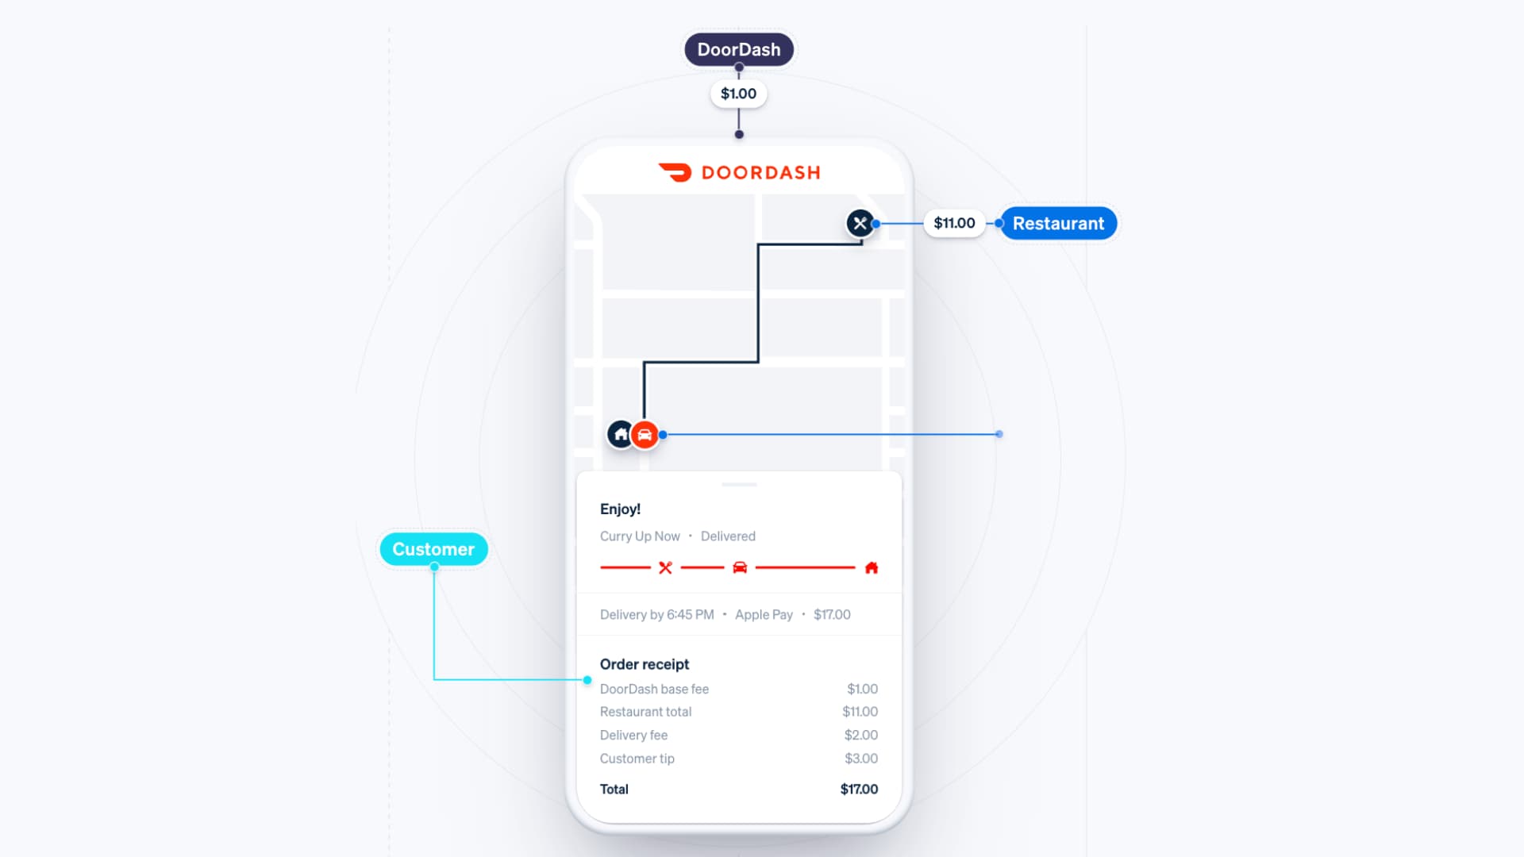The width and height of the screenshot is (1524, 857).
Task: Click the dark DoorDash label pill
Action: coord(738,49)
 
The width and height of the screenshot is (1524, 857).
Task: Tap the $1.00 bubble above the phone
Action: coord(738,94)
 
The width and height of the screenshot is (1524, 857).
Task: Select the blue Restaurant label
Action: coord(1058,224)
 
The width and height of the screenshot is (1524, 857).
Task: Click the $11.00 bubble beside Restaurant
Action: coord(954,223)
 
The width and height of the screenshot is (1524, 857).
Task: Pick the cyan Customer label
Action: coord(433,549)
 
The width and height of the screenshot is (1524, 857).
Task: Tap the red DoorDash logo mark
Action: coord(675,172)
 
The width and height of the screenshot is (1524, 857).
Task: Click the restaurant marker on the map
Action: coord(860,223)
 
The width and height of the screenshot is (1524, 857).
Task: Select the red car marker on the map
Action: coord(645,435)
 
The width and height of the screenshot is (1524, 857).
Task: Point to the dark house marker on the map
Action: coord(620,434)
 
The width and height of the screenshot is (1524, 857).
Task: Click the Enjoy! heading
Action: coord(620,509)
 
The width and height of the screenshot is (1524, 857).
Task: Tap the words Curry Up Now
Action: coord(640,536)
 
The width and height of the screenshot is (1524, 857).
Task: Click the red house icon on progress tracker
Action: coord(872,567)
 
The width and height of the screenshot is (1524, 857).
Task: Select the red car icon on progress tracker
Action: coord(740,567)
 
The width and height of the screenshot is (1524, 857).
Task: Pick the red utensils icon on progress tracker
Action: coord(665,567)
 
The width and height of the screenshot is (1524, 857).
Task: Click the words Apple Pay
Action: coord(764,615)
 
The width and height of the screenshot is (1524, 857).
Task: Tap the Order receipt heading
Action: coord(645,664)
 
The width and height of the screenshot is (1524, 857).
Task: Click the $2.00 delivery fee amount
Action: coord(861,736)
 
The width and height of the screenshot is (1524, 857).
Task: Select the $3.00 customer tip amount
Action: coord(861,759)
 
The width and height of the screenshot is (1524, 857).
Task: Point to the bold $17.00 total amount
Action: coord(859,790)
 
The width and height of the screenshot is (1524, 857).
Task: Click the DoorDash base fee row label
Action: coord(654,690)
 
